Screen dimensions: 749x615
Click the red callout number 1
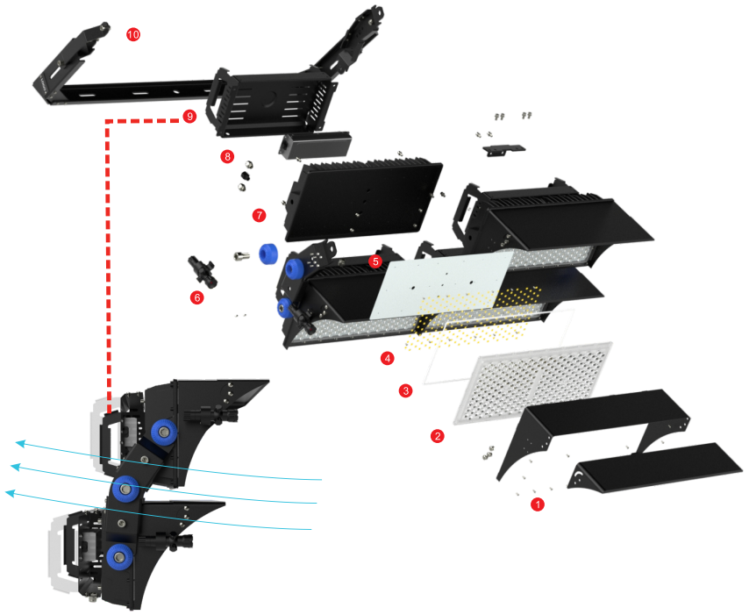[538, 504]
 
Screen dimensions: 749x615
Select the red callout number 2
[437, 436]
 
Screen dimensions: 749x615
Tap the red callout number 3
[405, 390]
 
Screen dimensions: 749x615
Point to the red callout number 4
[388, 358]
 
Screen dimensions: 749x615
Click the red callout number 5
[375, 261]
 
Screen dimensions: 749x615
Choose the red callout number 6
[196, 297]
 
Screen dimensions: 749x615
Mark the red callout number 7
[259, 215]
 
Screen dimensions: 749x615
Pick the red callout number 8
[227, 156]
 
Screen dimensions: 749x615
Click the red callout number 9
[189, 116]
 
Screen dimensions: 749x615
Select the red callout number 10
[133, 34]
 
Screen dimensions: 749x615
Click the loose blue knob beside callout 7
[268, 254]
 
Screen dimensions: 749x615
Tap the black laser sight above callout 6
[203, 271]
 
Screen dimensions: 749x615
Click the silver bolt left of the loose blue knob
[242, 256]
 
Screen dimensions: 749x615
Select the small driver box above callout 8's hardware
[315, 145]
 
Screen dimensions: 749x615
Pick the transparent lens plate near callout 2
[532, 383]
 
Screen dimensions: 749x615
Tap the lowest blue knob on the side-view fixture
[119, 557]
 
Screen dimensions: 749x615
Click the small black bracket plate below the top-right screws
[504, 150]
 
